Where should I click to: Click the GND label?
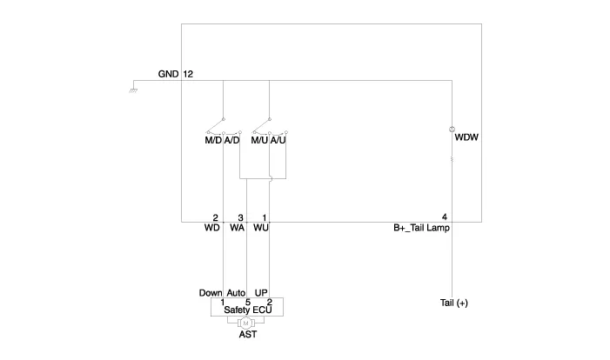click(168, 74)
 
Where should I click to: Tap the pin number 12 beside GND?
click(188, 74)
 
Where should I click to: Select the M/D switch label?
click(213, 139)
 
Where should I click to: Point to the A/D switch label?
click(231, 139)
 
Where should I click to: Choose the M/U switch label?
click(259, 139)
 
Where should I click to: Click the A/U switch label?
click(278, 139)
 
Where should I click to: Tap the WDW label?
click(467, 137)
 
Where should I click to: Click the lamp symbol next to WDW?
click(452, 130)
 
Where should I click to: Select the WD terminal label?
click(212, 229)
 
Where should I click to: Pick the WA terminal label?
click(237, 229)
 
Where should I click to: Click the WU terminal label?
click(261, 229)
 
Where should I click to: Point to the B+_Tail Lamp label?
click(422, 229)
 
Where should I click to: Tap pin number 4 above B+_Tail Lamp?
click(445, 217)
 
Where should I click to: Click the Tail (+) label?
click(453, 303)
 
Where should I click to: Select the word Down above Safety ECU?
click(211, 292)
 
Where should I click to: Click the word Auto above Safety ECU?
click(237, 292)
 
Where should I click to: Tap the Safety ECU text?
click(248, 309)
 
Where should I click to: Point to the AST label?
click(248, 334)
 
